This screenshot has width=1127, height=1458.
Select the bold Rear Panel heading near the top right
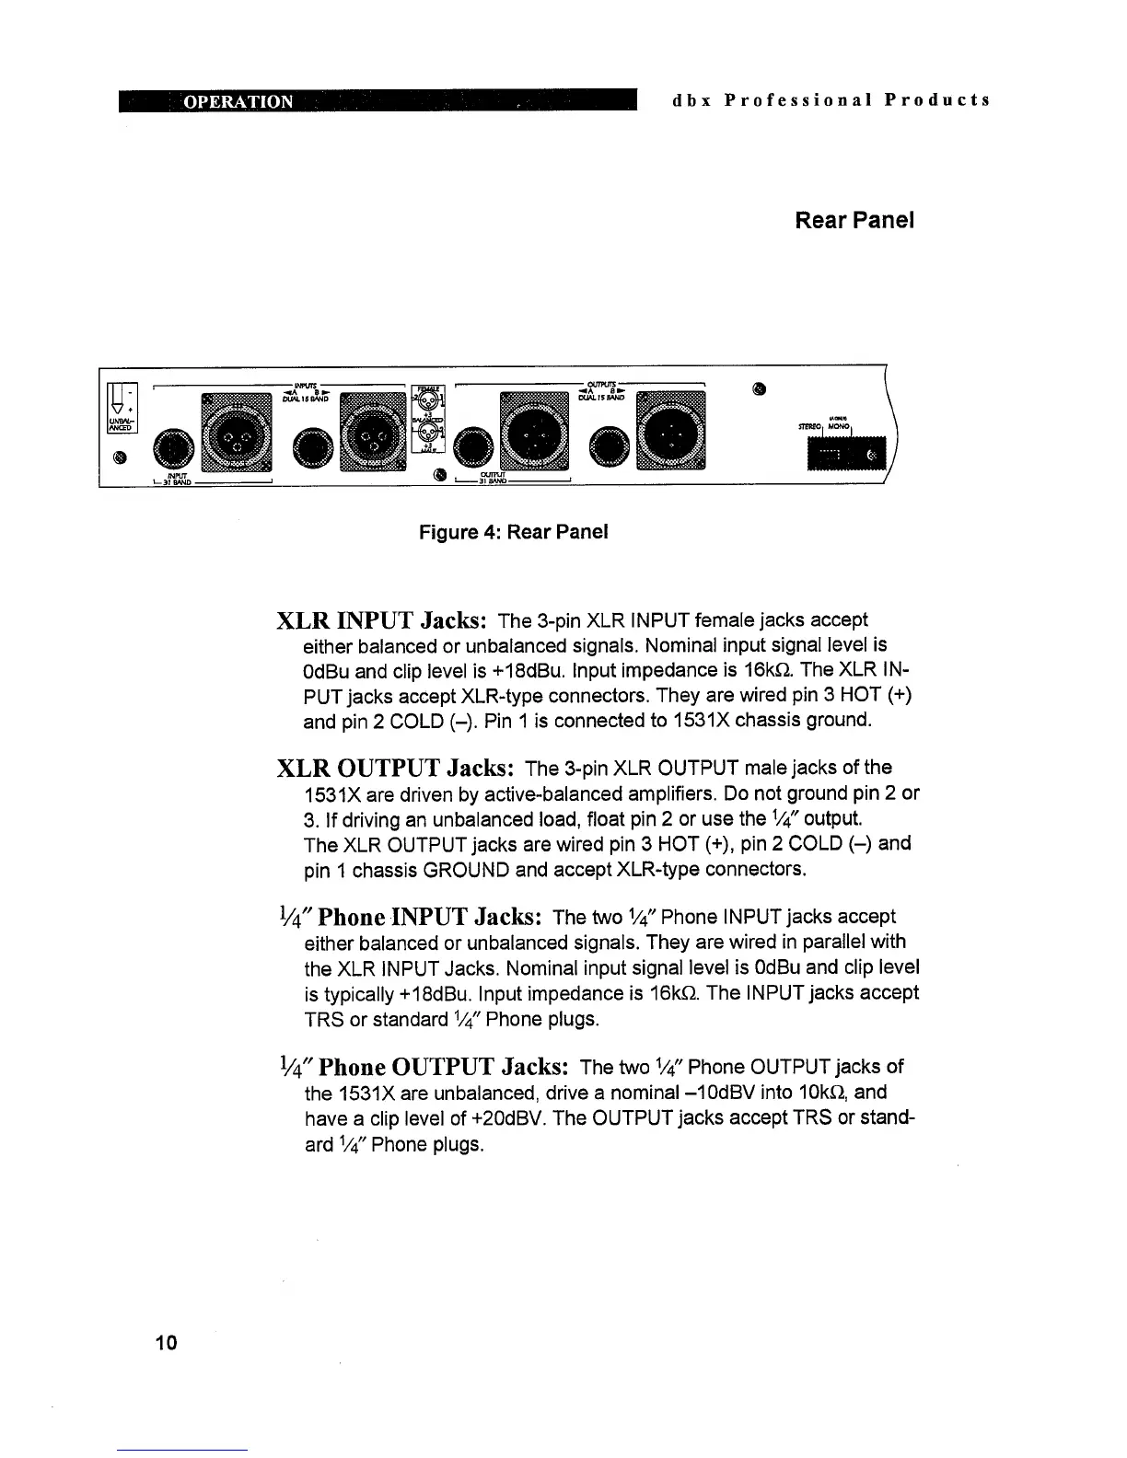pyautogui.click(x=854, y=222)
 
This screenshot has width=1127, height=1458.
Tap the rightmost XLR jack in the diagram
pyautogui.click(x=672, y=425)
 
